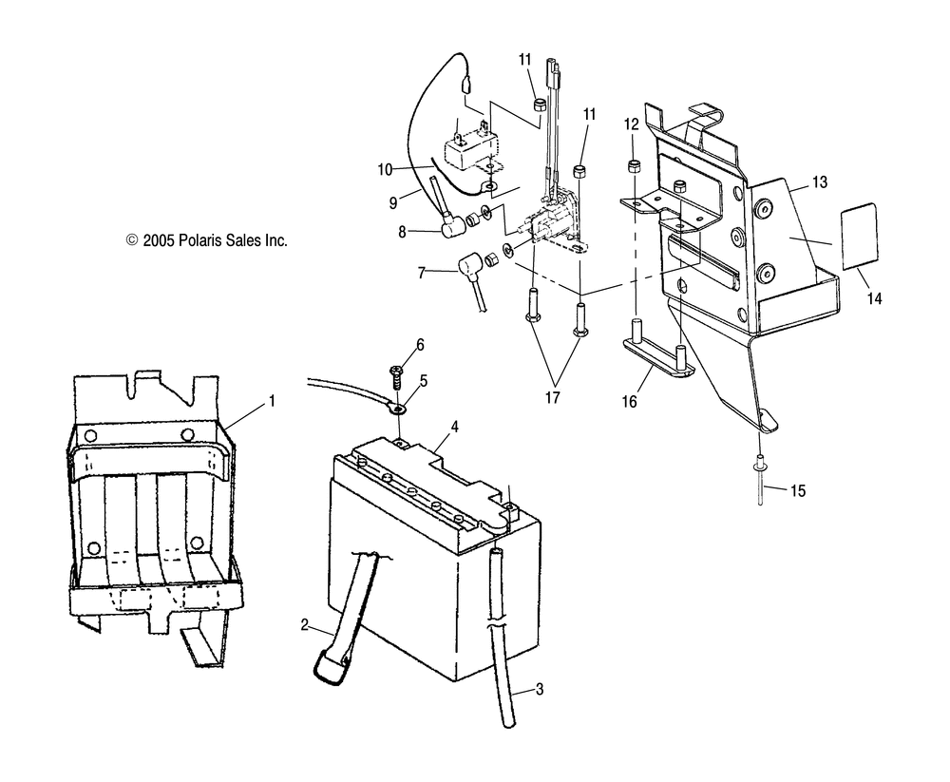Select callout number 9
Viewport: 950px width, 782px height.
tap(393, 201)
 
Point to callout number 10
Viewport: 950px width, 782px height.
tap(385, 169)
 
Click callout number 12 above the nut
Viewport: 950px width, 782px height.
tap(632, 124)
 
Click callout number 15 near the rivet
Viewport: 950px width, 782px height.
tap(797, 491)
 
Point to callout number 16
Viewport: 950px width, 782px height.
tap(629, 375)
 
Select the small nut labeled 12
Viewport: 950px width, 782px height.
tap(633, 167)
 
